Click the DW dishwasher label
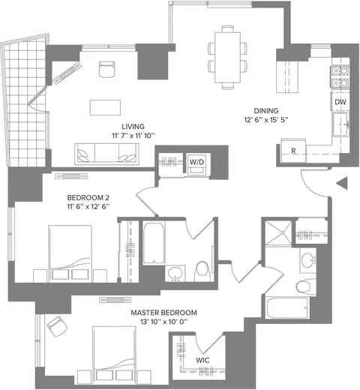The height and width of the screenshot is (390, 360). [340, 102]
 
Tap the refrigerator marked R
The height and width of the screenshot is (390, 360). [293, 151]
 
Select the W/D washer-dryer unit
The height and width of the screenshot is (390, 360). [197, 165]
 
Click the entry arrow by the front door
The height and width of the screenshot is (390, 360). [342, 183]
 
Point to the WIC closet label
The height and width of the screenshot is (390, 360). [202, 360]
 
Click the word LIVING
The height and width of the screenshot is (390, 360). [133, 127]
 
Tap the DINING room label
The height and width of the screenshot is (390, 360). [266, 110]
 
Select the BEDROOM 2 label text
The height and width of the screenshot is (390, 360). [88, 198]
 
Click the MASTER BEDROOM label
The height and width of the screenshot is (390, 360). [163, 313]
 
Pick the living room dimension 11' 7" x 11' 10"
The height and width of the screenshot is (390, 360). [133, 136]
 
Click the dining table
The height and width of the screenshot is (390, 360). [228, 57]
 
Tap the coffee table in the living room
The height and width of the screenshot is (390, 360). [105, 107]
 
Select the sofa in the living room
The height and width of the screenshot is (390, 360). [106, 154]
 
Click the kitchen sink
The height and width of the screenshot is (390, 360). [340, 124]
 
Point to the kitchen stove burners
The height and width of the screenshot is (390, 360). [340, 76]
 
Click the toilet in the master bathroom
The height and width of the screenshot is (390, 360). [306, 286]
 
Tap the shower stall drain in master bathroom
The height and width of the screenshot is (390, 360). [283, 232]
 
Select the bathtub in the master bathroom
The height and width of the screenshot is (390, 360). [287, 307]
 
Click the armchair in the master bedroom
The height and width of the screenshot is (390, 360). [57, 326]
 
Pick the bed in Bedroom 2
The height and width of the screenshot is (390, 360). [70, 253]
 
